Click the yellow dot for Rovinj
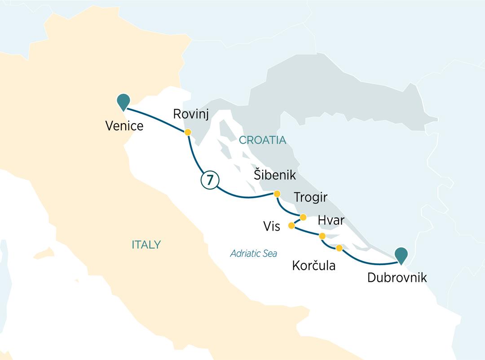188,132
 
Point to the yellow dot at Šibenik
277,194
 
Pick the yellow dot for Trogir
303,217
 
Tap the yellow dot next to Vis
291,225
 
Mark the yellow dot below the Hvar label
322,236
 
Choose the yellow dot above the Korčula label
339,248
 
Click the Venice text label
124,125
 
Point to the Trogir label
311,198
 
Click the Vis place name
272,226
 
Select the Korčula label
313,266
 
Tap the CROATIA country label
262,140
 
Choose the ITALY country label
146,245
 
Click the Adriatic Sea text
253,253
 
